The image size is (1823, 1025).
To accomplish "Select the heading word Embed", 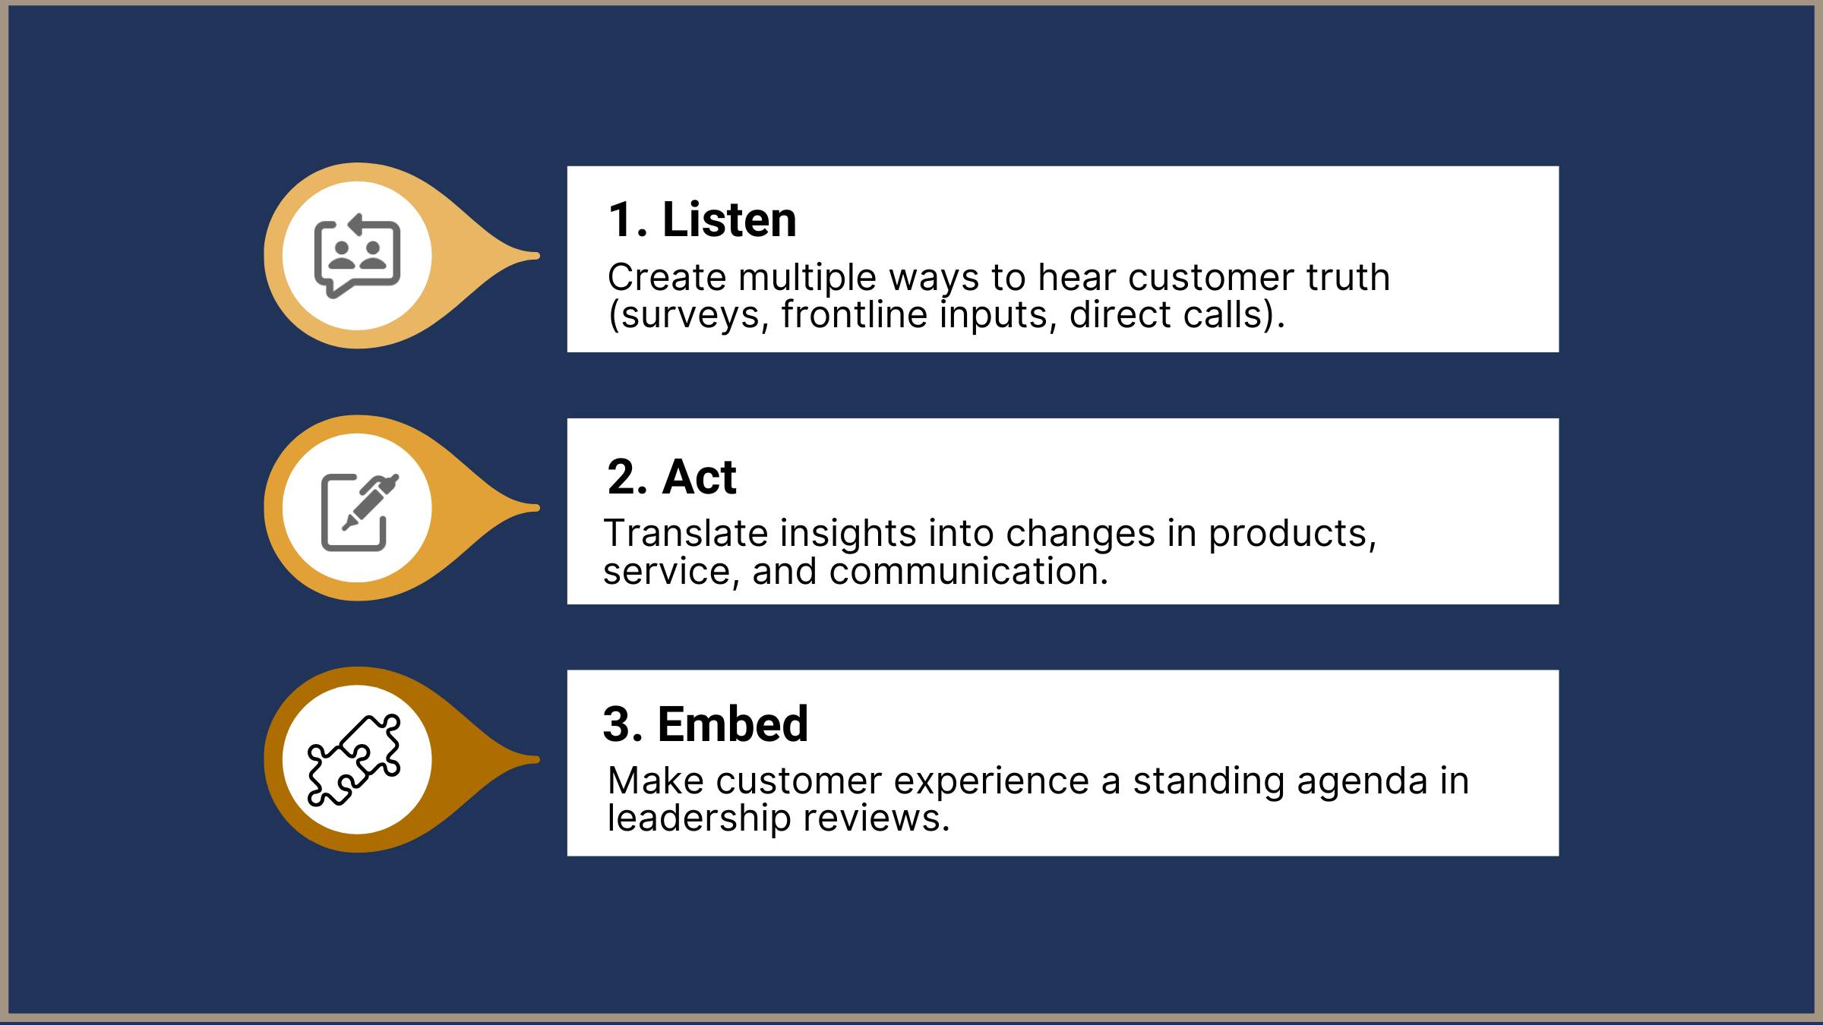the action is pyautogui.click(x=732, y=724).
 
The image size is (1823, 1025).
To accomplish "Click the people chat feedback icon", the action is pyautogui.click(x=357, y=256).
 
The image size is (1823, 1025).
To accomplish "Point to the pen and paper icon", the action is pyautogui.click(x=359, y=511).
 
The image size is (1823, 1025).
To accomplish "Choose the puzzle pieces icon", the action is pyautogui.click(x=354, y=759).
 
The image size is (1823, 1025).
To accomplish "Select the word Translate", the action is pyautogui.click(x=684, y=533).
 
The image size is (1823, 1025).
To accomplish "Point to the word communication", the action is pyautogui.click(x=968, y=571).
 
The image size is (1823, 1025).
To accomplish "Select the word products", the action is pyautogui.click(x=1292, y=535).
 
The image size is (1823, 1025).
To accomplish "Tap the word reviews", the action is pyautogui.click(x=877, y=818).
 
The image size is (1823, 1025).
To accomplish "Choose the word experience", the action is pyautogui.click(x=990, y=782).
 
